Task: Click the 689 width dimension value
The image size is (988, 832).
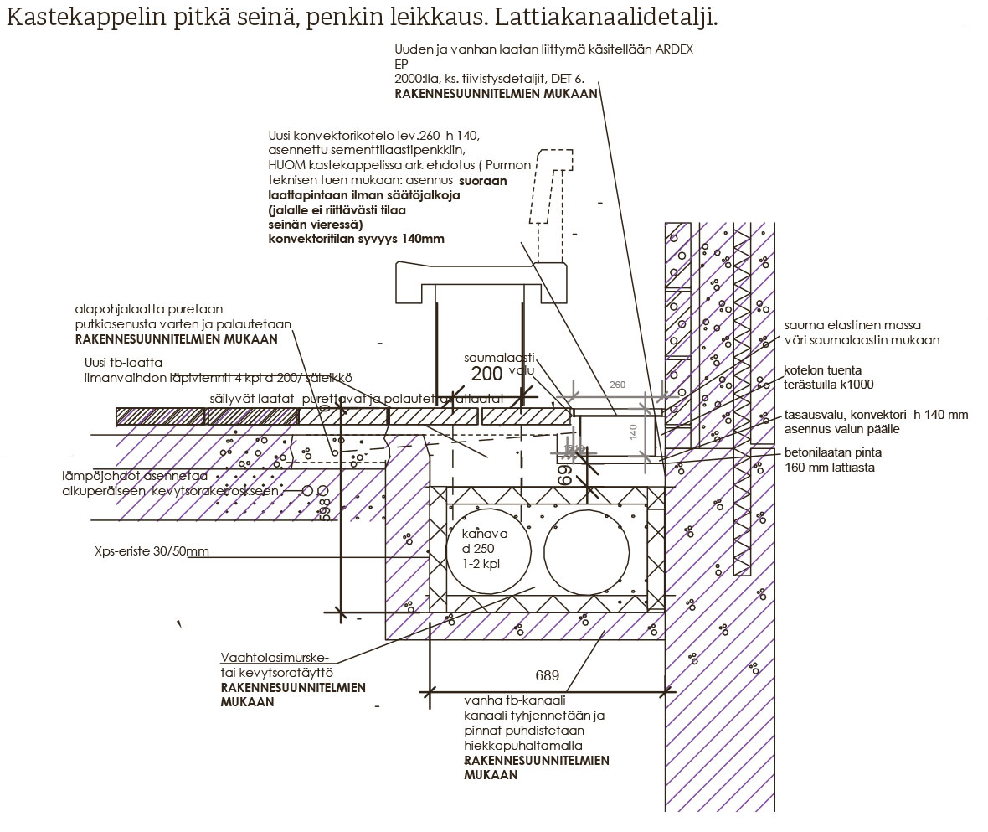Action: point(548,675)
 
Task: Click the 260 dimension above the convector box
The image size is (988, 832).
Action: point(618,385)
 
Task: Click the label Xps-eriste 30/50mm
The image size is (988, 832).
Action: point(152,553)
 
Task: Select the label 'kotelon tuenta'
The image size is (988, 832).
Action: point(822,369)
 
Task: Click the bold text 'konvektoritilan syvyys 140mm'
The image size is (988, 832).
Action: point(356,239)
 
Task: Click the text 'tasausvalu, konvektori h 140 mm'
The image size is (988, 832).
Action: point(876,415)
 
